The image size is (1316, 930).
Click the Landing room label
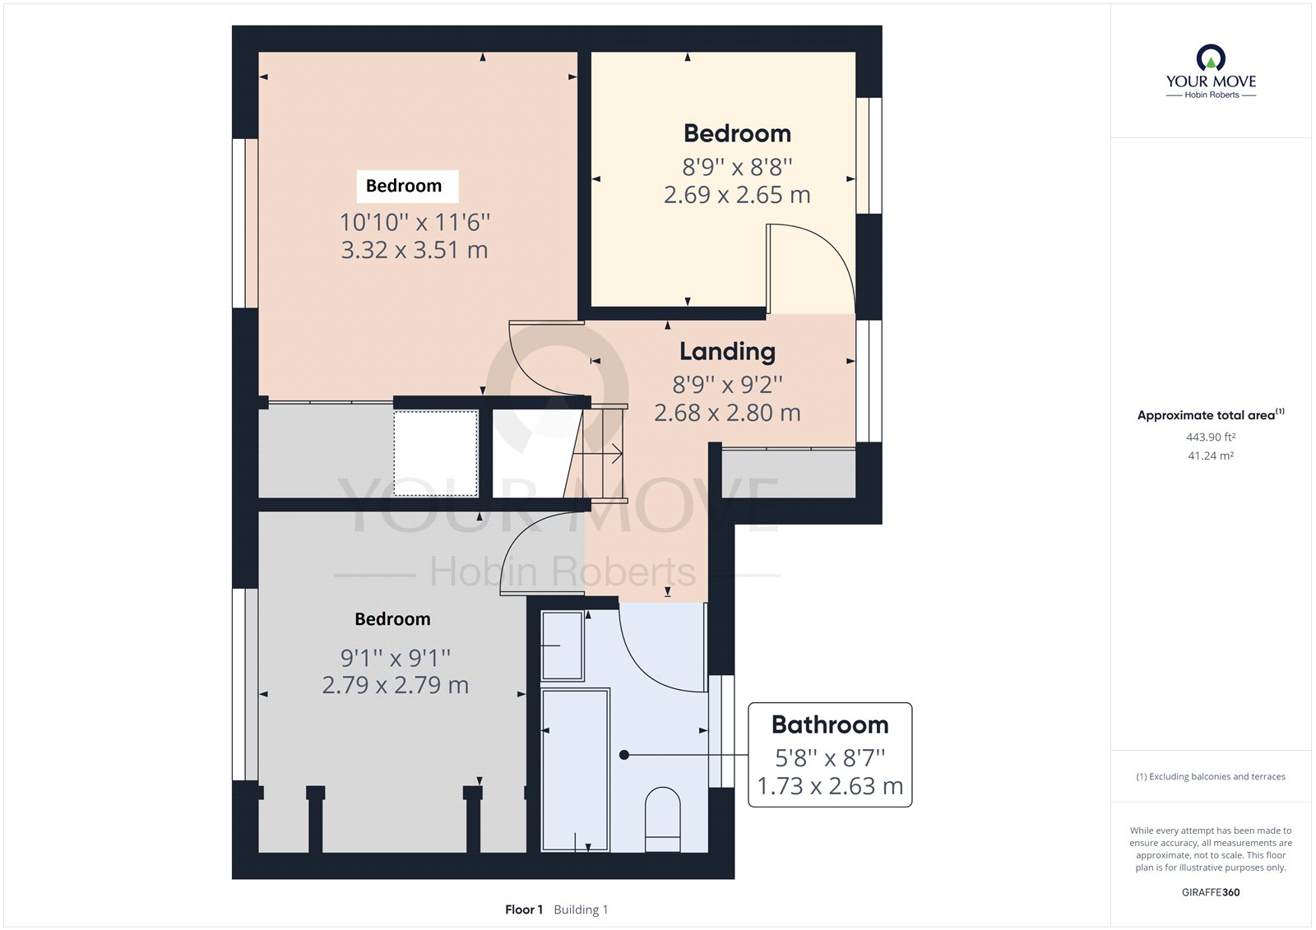727,352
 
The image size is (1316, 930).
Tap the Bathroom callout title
830,724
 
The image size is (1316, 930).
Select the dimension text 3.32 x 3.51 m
415,250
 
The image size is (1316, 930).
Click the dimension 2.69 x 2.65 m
737,195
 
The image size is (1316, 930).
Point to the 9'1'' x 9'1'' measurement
396,658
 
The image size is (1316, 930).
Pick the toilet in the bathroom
662,819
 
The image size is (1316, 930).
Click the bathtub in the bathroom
576,769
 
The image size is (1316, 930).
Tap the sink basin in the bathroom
563,645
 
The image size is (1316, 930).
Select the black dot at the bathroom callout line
624,755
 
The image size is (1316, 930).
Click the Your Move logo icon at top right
1211,58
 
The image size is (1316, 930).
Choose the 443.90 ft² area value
1211,437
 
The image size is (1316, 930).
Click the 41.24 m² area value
1211,456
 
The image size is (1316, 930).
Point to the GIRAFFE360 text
1211,892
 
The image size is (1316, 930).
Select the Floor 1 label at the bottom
524,909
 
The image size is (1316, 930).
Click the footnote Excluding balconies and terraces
1211,776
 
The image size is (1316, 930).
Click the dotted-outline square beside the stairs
435,453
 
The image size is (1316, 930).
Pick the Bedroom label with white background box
404,186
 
